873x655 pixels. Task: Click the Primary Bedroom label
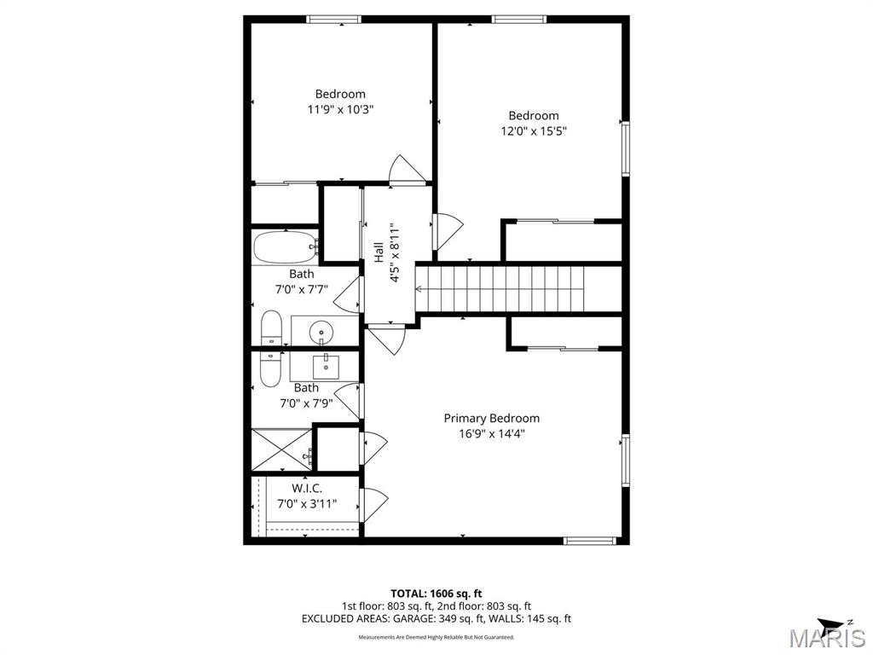491,418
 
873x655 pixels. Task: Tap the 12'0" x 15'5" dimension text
534,131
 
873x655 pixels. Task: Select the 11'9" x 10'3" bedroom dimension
340,109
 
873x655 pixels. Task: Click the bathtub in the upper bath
286,247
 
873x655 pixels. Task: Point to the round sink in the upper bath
321,333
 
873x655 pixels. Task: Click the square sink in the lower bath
325,366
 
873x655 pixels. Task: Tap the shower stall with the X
281,450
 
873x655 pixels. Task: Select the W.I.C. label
307,489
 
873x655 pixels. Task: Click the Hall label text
379,252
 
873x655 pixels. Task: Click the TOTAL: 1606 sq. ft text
436,594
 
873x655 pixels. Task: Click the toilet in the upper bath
272,328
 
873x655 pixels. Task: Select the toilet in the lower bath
270,368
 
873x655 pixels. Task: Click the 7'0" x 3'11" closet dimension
307,504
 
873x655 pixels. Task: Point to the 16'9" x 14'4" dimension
492,434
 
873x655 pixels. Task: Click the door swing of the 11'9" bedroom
407,169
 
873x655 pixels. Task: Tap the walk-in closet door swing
373,505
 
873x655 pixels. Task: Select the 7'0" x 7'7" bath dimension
302,290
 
